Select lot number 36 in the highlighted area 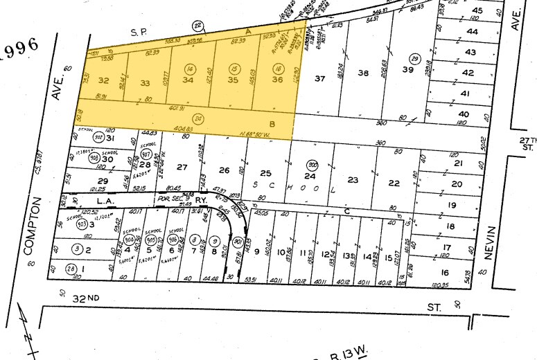(x=277, y=80)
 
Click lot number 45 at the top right (x=477, y=10)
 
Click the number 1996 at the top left (x=20, y=51)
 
